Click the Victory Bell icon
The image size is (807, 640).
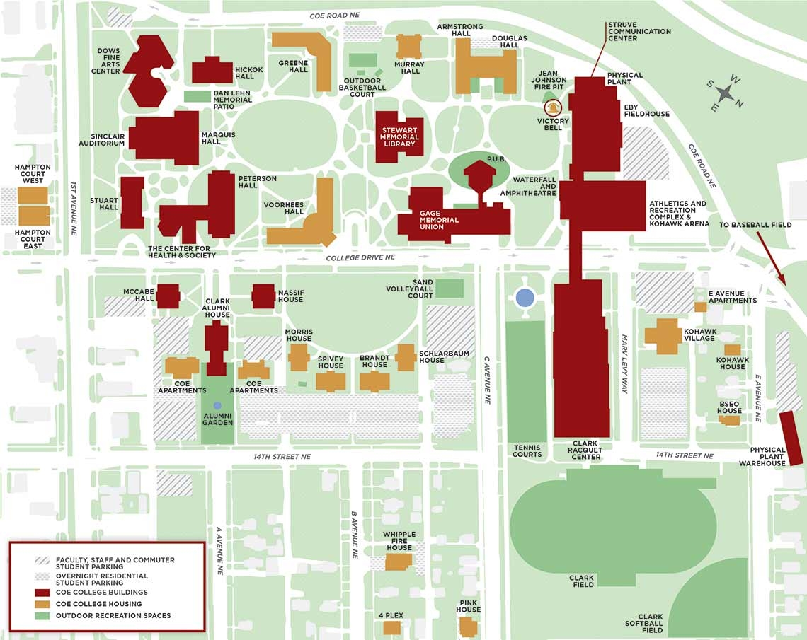(552, 107)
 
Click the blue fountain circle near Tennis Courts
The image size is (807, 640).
(525, 297)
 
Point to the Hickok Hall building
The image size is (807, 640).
(212, 71)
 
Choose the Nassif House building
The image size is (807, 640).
(263, 296)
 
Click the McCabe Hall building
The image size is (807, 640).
(168, 296)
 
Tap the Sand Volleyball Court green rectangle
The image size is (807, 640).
(450, 289)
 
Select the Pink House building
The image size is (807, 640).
(468, 627)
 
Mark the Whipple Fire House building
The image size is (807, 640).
(399, 562)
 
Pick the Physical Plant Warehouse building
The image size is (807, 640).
(790, 438)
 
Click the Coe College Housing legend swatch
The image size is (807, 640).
(42, 604)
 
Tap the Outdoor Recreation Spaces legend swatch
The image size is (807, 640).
(42, 615)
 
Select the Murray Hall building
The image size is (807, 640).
(408, 46)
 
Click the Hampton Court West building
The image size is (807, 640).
(33, 195)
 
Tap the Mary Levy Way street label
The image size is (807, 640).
(625, 359)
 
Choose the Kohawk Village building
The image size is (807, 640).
(663, 336)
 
